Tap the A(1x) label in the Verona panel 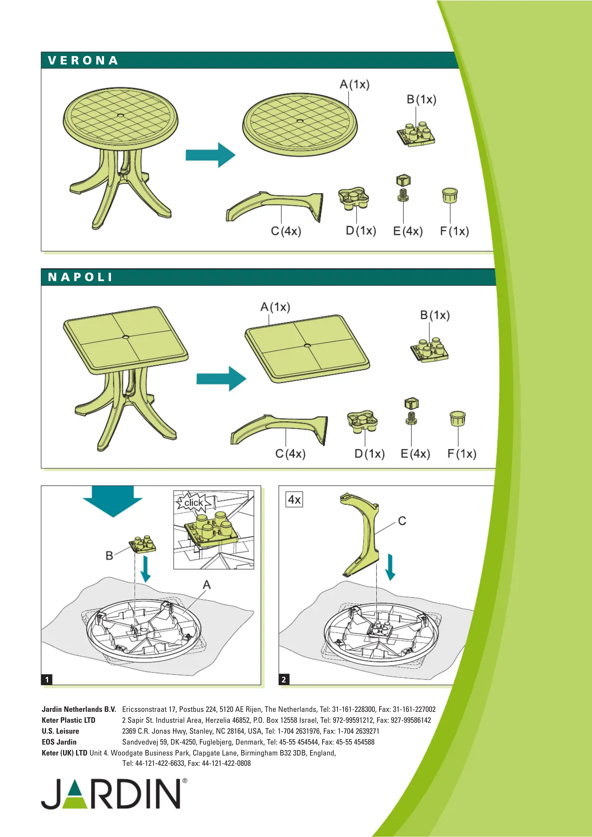(x=354, y=85)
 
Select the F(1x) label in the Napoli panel (x=462, y=454)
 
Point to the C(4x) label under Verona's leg (x=286, y=231)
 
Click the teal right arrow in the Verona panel (x=211, y=155)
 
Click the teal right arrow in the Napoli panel (x=221, y=378)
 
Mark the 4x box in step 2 (x=294, y=499)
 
